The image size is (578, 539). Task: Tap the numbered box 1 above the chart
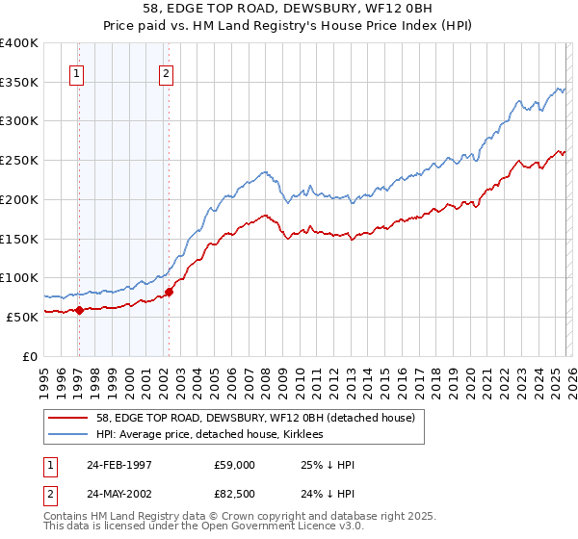click(x=76, y=73)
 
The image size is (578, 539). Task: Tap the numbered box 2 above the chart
click(x=167, y=73)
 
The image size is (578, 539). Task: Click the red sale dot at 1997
click(x=79, y=310)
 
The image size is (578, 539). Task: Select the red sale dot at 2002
click(x=169, y=292)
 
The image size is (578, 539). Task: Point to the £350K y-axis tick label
click(x=19, y=83)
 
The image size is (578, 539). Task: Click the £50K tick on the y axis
click(x=22, y=317)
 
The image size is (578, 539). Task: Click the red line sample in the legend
click(x=69, y=418)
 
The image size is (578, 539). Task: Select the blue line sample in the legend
click(x=69, y=434)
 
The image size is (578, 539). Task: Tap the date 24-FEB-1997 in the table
click(x=119, y=465)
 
